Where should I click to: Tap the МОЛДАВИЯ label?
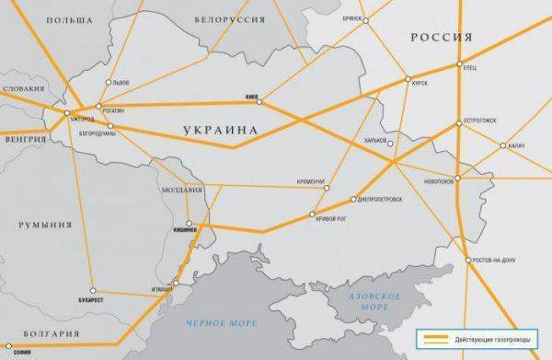click(180, 191)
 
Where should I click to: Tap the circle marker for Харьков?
click(390, 143)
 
